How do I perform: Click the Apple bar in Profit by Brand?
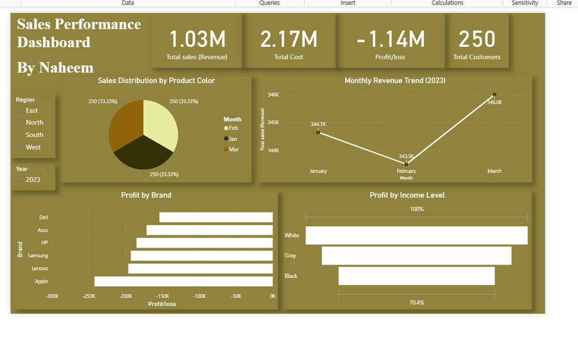click(183, 281)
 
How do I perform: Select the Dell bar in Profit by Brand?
click(216, 217)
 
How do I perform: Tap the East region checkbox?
click(20, 110)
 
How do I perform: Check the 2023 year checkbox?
click(20, 180)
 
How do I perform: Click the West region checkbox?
click(20, 147)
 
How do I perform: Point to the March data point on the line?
click(494, 95)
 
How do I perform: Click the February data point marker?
click(407, 164)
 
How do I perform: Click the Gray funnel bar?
click(417, 255)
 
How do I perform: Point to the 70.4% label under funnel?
click(417, 303)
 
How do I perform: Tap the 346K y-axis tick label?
click(273, 95)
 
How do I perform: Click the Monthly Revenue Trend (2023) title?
click(395, 80)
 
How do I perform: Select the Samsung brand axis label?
click(38, 255)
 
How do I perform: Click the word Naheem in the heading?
click(66, 67)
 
